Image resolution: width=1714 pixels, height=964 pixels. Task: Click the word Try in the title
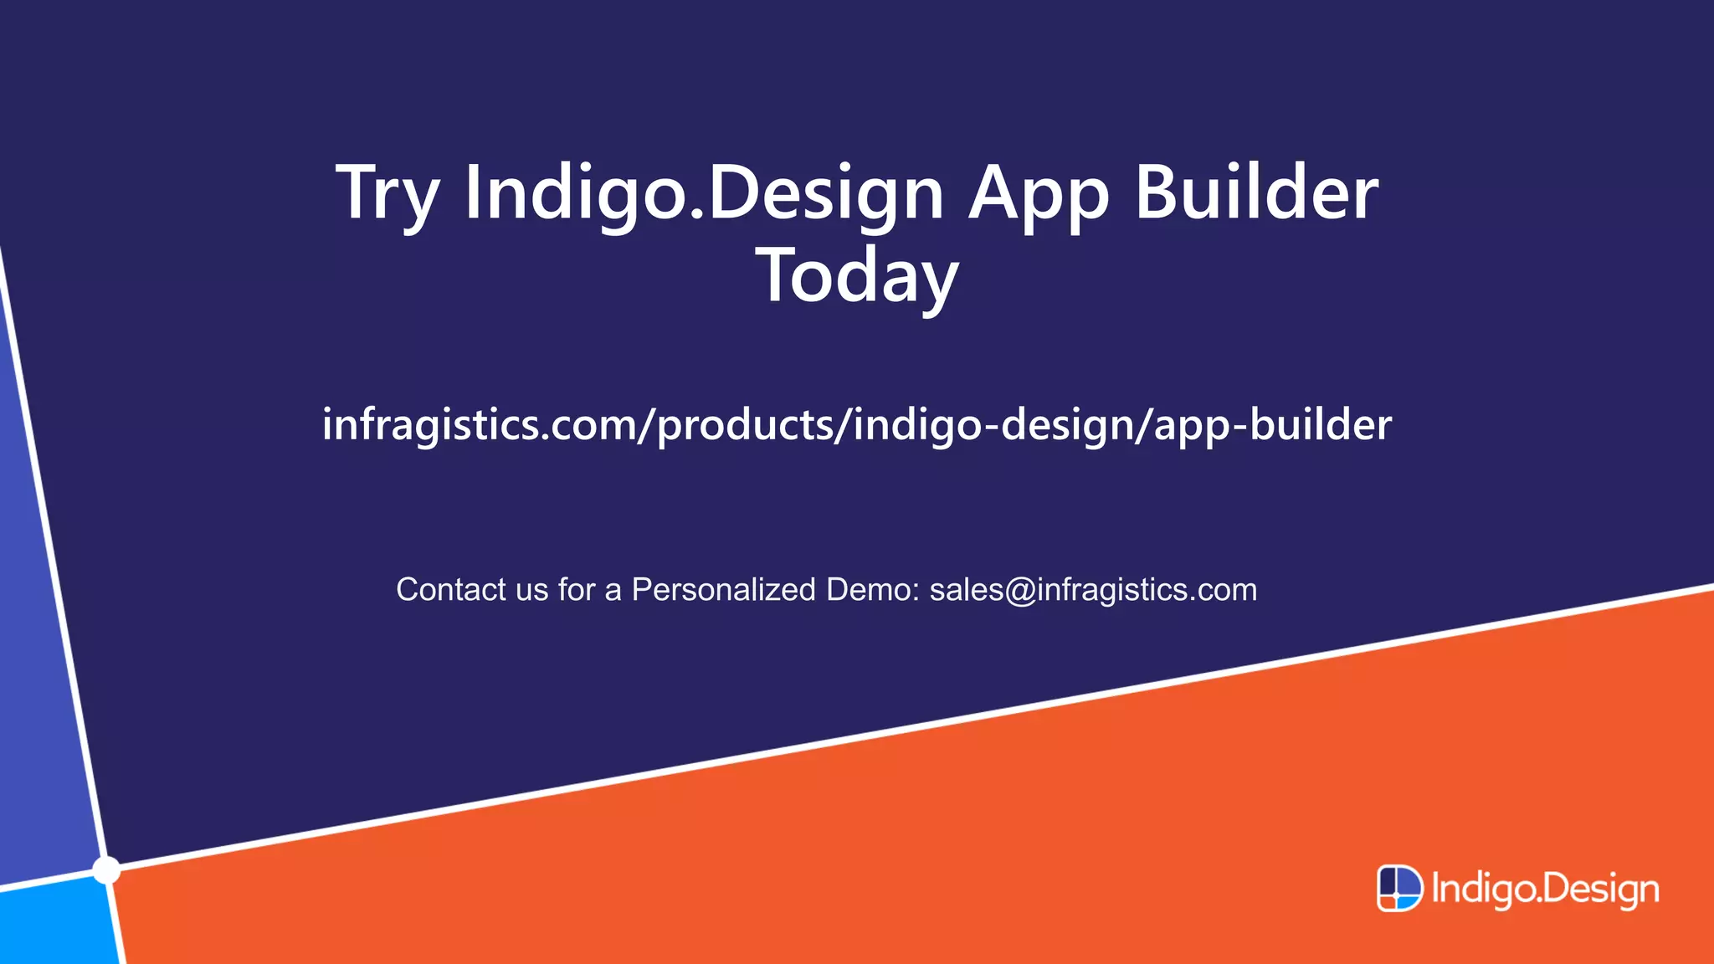coord(387,194)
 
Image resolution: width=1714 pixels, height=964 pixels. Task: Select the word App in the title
coord(1039,194)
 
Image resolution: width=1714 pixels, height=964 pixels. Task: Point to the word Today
coord(857,276)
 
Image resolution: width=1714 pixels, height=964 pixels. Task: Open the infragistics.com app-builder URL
coord(857,425)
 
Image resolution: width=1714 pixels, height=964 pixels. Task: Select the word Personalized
coord(723,590)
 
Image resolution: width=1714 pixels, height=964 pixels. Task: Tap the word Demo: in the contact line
coord(873,590)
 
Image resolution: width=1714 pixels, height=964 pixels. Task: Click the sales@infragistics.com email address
coord(1093,590)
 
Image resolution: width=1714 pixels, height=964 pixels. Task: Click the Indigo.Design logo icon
coord(1399,888)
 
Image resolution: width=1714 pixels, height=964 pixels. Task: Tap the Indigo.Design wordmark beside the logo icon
coord(1545,890)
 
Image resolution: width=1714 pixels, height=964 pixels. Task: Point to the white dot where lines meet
coord(106,870)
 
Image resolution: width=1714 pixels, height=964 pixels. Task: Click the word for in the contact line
coord(577,590)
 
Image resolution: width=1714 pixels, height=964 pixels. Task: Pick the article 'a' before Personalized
coord(613,592)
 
